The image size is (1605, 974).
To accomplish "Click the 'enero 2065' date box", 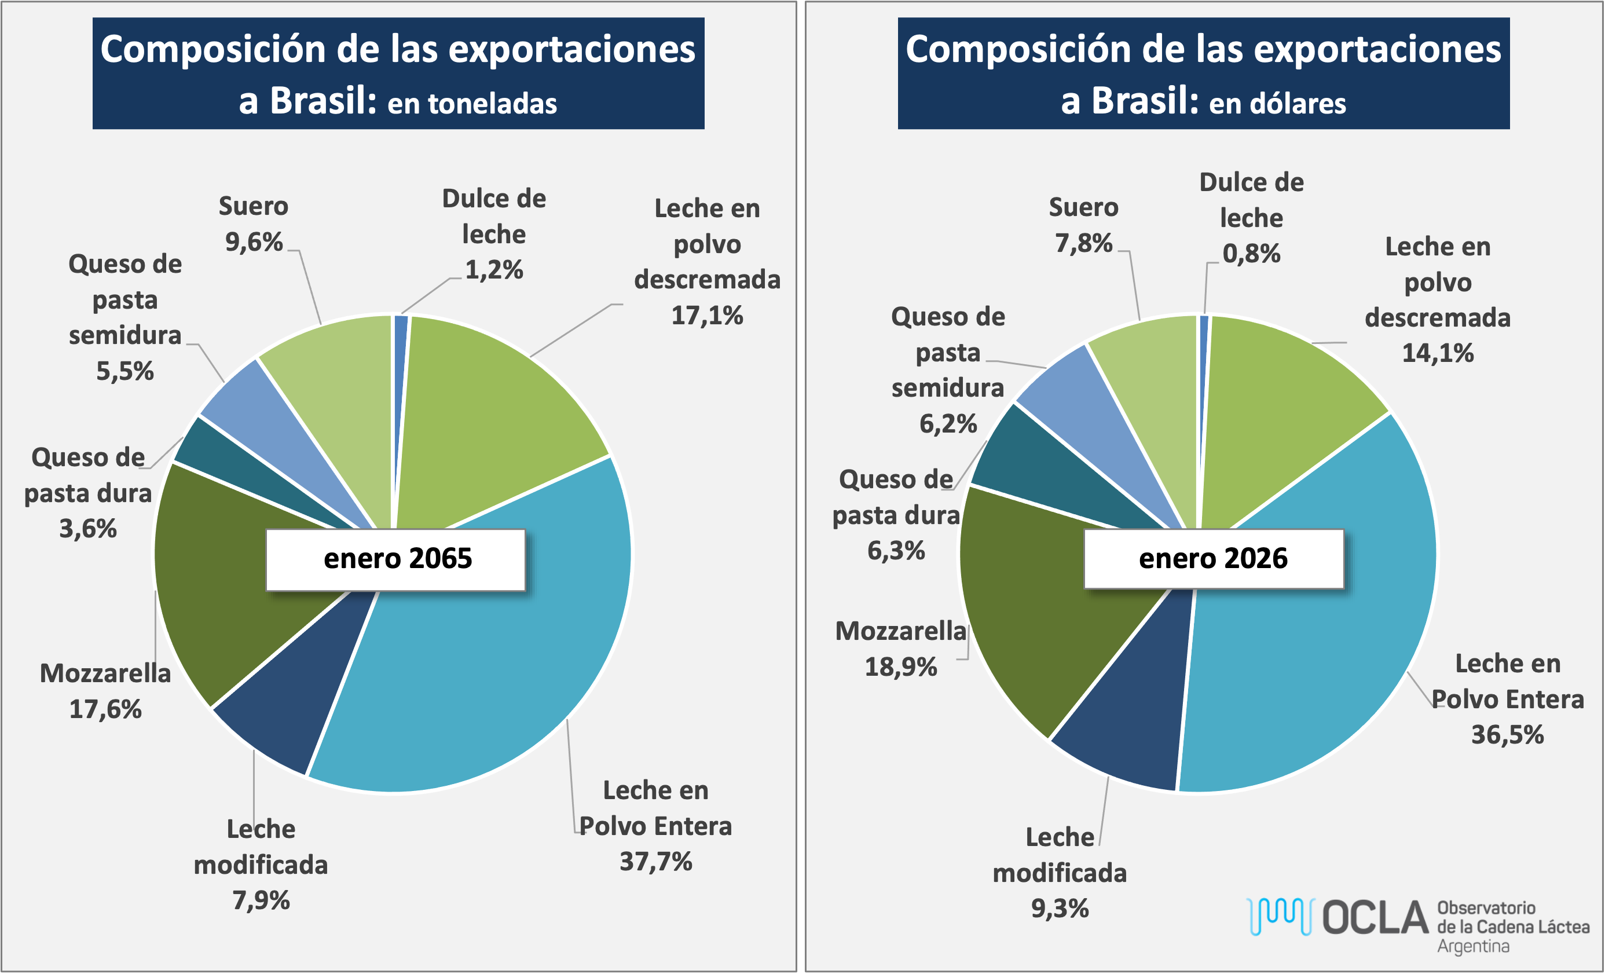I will [x=396, y=559].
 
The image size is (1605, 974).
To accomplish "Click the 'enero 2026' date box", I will [x=1213, y=559].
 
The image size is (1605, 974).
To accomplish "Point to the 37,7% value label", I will [x=655, y=862].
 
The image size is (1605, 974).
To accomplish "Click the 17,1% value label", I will [x=707, y=316].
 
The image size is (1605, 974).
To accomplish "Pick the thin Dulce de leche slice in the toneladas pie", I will [x=400, y=365].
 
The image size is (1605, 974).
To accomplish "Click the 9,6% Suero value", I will [x=254, y=243].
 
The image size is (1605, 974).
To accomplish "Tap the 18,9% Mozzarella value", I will [x=900, y=667].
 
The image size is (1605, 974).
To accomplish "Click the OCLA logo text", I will [x=1375, y=918].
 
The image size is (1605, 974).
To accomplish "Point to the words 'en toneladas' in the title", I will [x=472, y=104].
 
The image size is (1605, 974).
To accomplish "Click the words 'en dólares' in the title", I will [x=1277, y=104].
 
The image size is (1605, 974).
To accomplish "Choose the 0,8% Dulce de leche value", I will [x=1251, y=254].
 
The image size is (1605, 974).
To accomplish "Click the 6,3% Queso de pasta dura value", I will [x=896, y=551].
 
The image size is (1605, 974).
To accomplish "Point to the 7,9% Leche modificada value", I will [x=261, y=900].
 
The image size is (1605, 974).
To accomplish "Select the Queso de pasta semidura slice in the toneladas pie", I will [x=261, y=417].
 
